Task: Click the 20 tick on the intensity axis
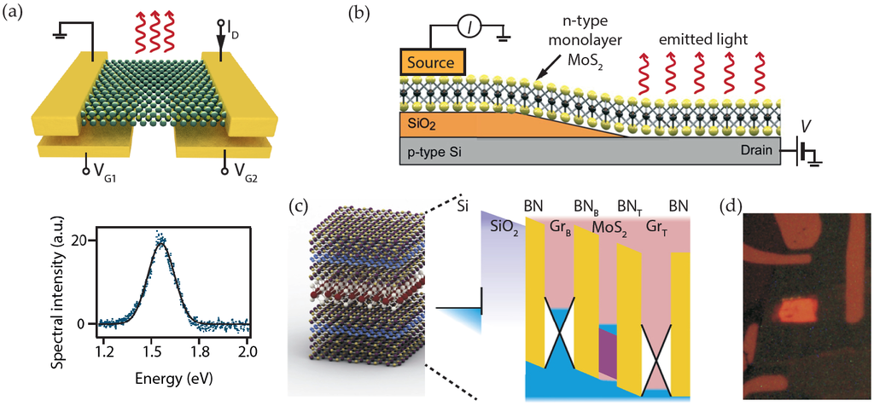[x=80, y=241]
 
